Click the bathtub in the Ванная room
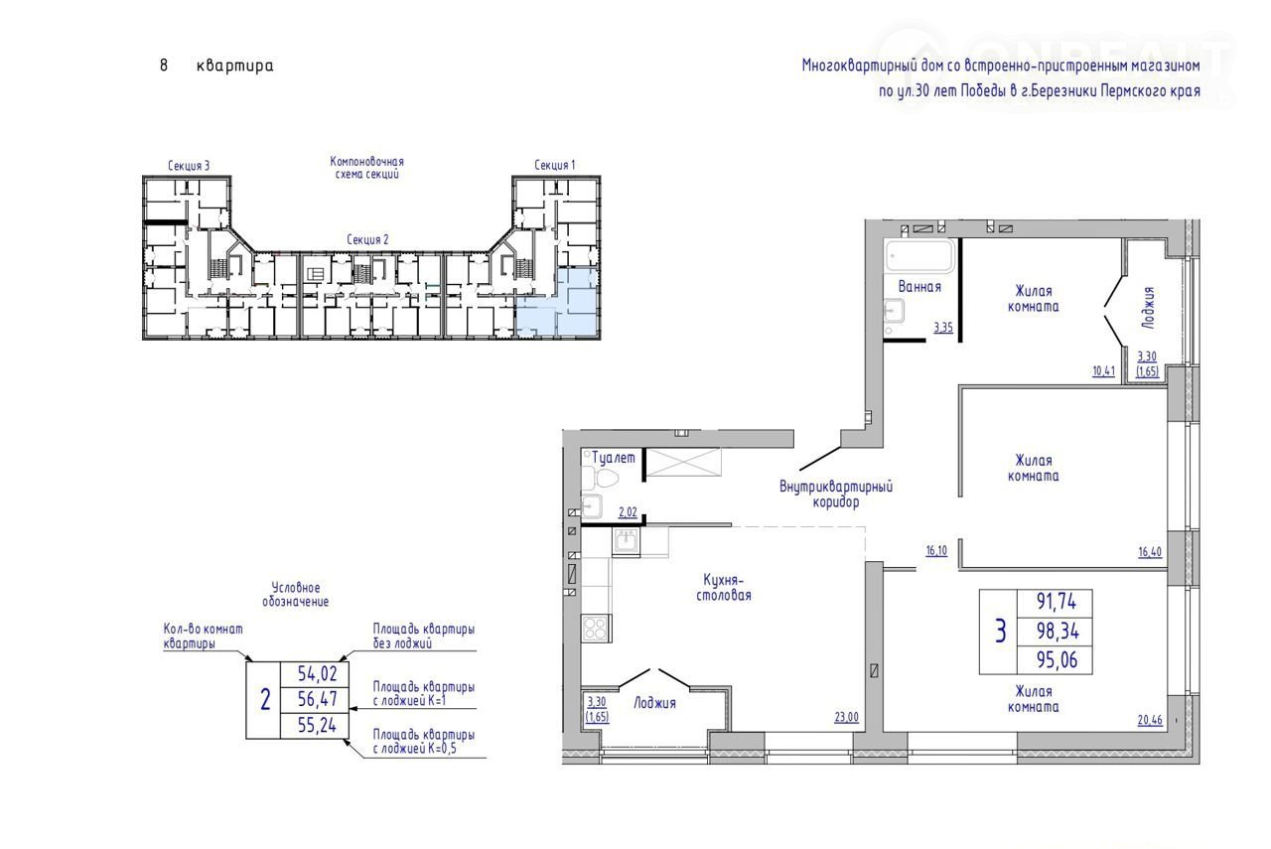click(919, 256)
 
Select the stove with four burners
click(597, 629)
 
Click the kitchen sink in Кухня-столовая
click(627, 541)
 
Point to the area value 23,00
click(846, 717)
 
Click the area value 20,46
click(1150, 720)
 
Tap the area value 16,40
click(1150, 552)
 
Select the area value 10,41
click(1103, 371)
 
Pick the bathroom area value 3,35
click(943, 328)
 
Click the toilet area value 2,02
click(628, 512)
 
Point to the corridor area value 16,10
click(936, 550)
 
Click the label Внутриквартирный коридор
click(836, 495)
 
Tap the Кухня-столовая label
click(724, 588)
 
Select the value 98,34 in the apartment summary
click(1058, 631)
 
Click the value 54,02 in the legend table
click(317, 673)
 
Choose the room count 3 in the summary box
click(1000, 632)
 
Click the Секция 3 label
click(189, 166)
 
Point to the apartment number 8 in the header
click(164, 66)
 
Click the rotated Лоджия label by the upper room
click(1149, 308)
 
